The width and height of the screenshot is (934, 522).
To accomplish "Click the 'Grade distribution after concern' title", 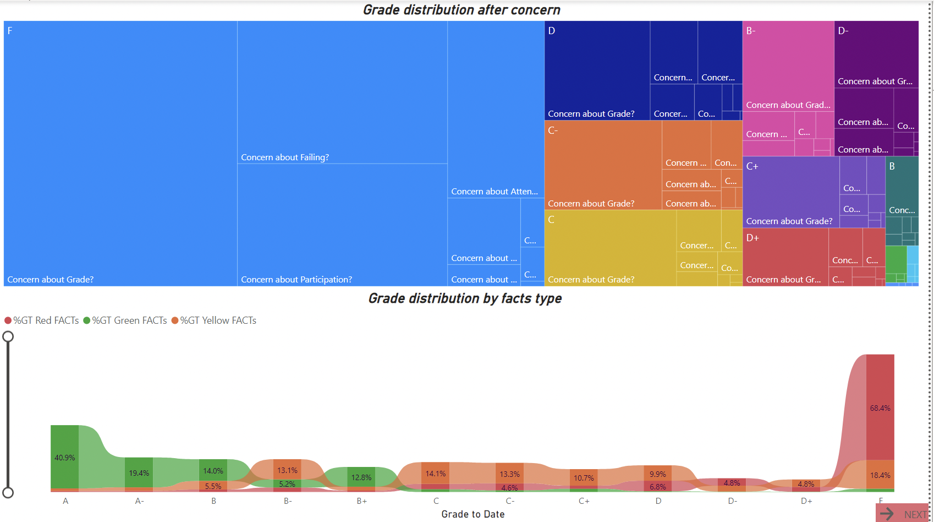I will [x=461, y=10].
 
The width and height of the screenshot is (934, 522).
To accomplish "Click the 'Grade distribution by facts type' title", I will [x=465, y=298].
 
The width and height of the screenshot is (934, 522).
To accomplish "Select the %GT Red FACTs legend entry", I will [x=41, y=320].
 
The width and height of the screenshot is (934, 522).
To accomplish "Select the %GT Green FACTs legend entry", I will [x=125, y=320].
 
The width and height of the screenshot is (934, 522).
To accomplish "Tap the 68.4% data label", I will [x=880, y=408].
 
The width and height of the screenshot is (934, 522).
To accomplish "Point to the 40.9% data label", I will [x=65, y=458].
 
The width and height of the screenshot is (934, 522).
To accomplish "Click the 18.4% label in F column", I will [x=880, y=475].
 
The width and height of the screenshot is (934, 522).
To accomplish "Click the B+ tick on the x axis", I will [x=361, y=501].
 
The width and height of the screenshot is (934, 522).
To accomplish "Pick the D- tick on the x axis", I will [x=732, y=501].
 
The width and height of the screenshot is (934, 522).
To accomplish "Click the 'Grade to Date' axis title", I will [x=473, y=514].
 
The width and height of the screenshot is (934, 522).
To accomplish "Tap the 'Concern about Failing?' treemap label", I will [x=285, y=157].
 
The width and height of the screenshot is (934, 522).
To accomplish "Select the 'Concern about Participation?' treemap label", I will [x=296, y=280].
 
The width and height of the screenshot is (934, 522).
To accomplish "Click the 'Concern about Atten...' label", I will [x=495, y=192].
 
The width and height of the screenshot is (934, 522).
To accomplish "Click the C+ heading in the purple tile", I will [x=752, y=166].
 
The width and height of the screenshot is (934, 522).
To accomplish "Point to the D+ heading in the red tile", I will [x=752, y=238].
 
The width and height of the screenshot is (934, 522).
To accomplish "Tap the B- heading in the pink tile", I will [x=751, y=31].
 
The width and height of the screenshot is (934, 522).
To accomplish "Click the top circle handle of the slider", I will [x=8, y=336].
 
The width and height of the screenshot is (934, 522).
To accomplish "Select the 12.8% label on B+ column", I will [x=361, y=477].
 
